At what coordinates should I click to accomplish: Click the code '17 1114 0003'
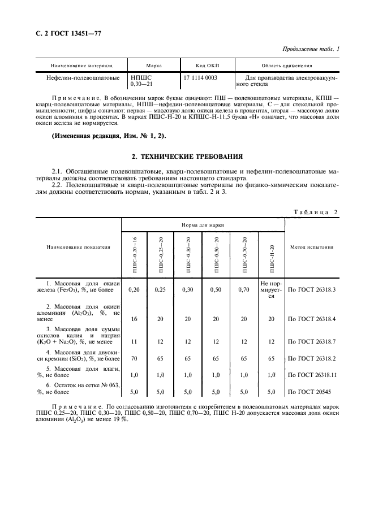pyautogui.click(x=200, y=76)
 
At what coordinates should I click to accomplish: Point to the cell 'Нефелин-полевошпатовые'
pyautogui.click(x=82, y=76)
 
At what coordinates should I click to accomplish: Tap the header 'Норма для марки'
pyautogui.click(x=203, y=225)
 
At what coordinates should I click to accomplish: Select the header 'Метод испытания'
pyautogui.click(x=311, y=247)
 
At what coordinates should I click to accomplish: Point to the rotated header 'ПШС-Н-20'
pyautogui.click(x=272, y=255)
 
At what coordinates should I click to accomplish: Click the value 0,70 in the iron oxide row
pyautogui.click(x=244, y=289)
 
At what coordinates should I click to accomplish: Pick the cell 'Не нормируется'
pyautogui.click(x=272, y=289)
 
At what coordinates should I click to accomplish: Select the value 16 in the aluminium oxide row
pyautogui.click(x=135, y=319)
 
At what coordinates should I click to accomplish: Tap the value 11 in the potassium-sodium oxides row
pyautogui.click(x=135, y=342)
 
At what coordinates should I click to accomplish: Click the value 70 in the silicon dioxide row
pyautogui.click(x=135, y=358)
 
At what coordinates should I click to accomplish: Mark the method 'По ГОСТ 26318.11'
pyautogui.click(x=312, y=374)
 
